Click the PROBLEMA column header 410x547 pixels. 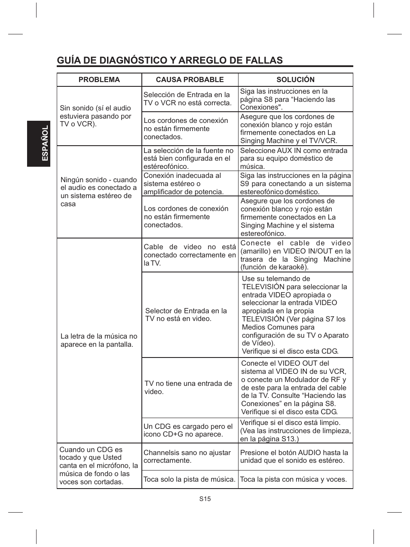pos(99,79)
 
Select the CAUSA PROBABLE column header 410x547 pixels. pos(190,79)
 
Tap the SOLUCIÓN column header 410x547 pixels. pos(295,79)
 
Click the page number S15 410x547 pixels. pos(205,499)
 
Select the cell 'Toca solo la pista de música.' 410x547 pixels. pos(190,479)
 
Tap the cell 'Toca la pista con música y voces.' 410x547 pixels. pos(293,479)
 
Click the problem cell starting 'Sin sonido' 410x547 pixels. pos(95,116)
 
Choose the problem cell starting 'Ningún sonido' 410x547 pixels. pos(98,192)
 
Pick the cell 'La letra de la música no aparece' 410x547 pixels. pos(99,340)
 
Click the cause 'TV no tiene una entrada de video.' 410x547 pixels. pos(188,388)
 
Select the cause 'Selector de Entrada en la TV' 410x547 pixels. pos(186,315)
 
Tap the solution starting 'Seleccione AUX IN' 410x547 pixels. pos(294,158)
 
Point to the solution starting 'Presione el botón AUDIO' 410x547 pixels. pos(294,456)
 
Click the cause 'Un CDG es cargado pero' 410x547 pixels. pos(188,430)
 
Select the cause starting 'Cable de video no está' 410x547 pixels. pos(190,255)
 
